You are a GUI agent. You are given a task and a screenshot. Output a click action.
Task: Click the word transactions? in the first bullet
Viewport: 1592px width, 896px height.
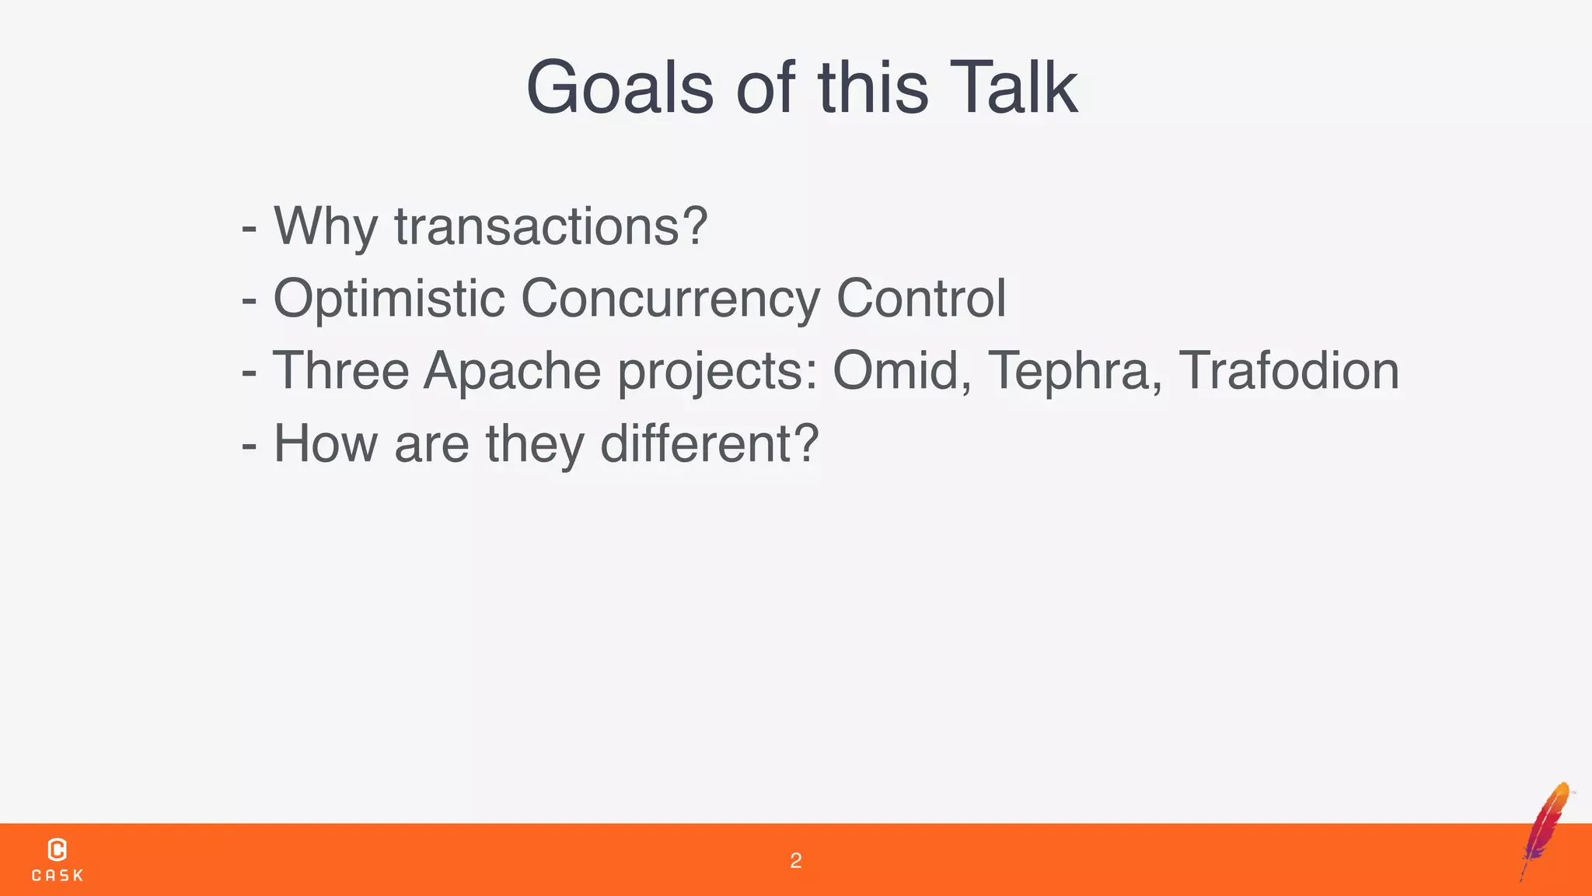click(x=550, y=226)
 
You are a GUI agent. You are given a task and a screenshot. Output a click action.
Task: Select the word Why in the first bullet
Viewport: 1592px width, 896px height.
click(x=326, y=226)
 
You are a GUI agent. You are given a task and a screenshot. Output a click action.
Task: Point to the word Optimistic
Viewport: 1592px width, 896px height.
click(x=389, y=299)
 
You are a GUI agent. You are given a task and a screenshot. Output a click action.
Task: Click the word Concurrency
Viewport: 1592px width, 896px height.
click(x=670, y=299)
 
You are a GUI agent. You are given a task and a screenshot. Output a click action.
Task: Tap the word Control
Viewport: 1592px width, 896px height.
click(x=921, y=299)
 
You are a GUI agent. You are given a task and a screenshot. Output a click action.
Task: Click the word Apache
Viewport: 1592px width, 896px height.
click(x=512, y=370)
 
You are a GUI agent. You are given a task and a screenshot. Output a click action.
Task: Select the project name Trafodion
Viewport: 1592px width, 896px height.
click(x=1289, y=370)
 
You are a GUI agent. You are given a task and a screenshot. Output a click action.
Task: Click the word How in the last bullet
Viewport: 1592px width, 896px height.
click(x=326, y=443)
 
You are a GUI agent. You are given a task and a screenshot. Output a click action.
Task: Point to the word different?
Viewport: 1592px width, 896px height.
click(x=710, y=443)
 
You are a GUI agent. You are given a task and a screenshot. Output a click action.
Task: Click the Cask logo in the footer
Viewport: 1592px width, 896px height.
click(x=58, y=859)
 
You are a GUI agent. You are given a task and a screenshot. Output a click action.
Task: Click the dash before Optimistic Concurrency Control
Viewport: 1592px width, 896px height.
click(x=250, y=300)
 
